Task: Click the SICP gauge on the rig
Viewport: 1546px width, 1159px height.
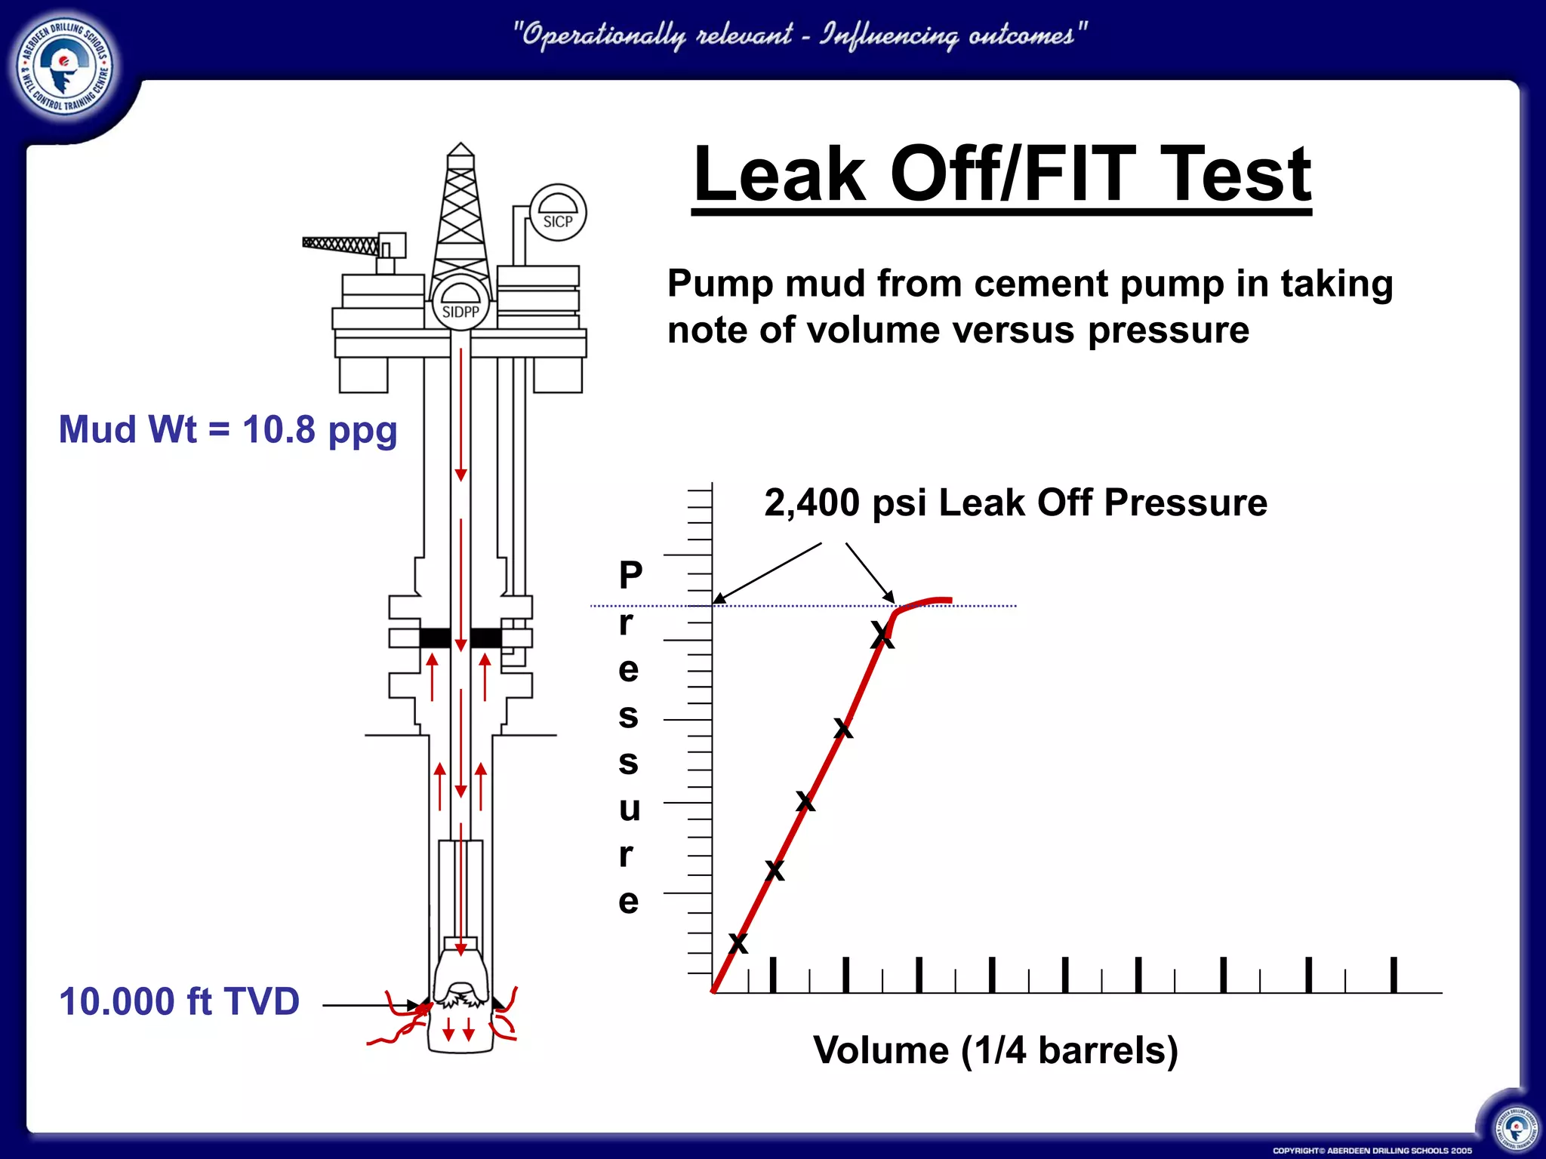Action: tap(558, 213)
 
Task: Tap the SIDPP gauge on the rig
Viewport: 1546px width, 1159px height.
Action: tap(460, 303)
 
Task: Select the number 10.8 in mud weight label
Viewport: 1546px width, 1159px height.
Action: tap(279, 429)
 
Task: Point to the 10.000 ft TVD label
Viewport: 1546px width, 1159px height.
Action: tap(179, 1002)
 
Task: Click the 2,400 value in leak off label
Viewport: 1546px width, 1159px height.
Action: tap(811, 503)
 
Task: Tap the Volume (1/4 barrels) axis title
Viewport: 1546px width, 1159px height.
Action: tap(995, 1050)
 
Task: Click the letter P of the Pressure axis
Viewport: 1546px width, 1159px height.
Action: tap(630, 576)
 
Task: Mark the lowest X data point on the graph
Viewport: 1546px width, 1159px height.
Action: tap(738, 943)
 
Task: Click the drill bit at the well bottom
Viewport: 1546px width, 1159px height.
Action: tap(460, 988)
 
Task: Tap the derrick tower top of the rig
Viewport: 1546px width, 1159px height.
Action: tap(460, 151)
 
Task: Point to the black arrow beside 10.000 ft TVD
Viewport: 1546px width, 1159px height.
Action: tap(370, 1005)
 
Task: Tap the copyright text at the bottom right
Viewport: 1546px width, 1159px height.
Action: tap(1372, 1151)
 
